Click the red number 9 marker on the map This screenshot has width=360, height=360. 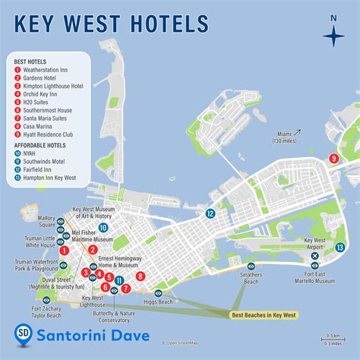[333, 158]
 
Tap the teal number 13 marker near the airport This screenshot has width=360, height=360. [341, 247]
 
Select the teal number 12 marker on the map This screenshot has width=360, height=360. [209, 214]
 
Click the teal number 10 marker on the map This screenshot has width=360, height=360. [103, 226]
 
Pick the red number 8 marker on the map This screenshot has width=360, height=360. [141, 276]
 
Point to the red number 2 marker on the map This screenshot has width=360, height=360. [93, 249]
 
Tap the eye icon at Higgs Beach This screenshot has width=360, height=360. [159, 292]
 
